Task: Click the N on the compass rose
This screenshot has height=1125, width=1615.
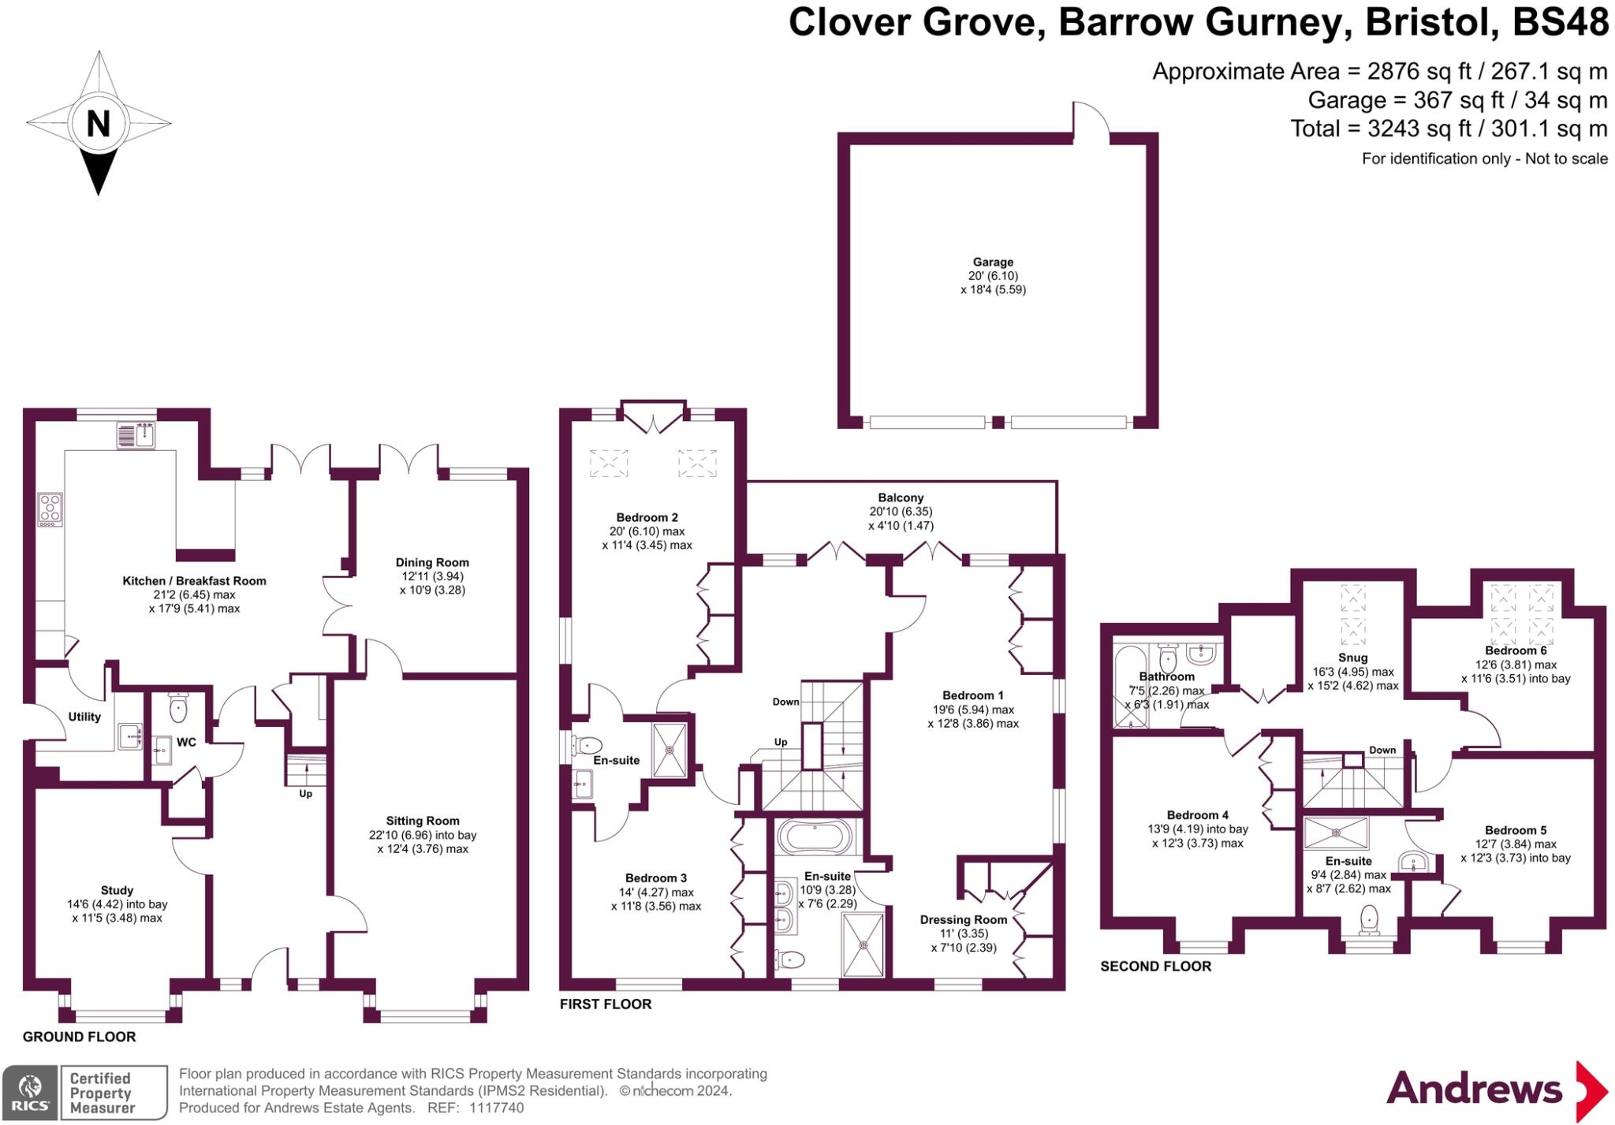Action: click(98, 124)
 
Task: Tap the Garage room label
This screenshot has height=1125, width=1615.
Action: click(992, 262)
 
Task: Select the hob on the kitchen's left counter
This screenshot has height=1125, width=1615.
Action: click(50, 509)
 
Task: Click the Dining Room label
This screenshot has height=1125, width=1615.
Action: click(432, 562)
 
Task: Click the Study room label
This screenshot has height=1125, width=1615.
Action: click(117, 890)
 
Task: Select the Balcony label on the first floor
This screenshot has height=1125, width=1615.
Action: click(901, 497)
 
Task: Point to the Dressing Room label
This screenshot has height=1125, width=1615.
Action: click(963, 919)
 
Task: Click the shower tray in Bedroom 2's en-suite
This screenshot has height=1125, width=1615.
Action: click(669, 750)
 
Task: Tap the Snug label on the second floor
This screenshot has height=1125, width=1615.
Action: click(1352, 657)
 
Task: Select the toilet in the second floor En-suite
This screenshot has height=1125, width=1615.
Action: click(1370, 919)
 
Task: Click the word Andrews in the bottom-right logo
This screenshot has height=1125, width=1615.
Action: click(1473, 1090)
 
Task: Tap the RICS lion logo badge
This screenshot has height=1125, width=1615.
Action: click(30, 1092)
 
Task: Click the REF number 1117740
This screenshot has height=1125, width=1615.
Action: click(497, 1108)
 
